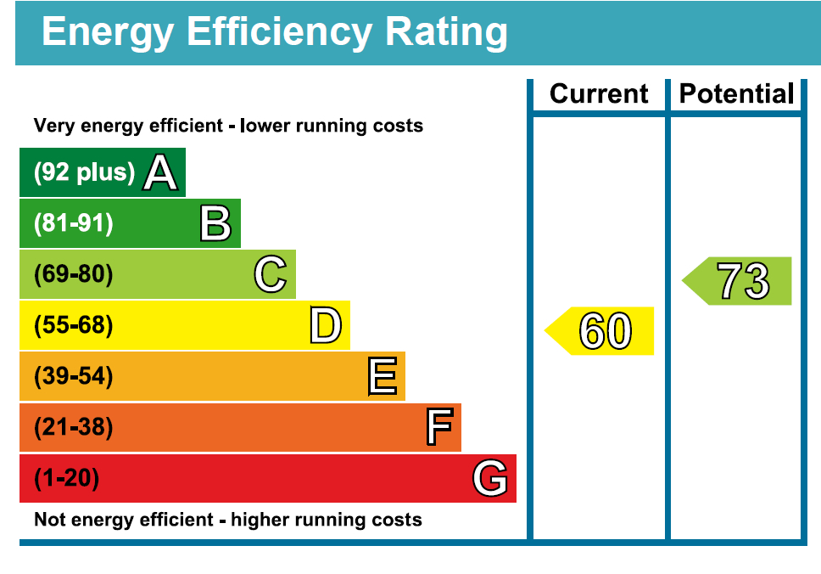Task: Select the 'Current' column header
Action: tap(599, 94)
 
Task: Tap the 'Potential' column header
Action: tap(736, 94)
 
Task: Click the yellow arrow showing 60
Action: tap(599, 331)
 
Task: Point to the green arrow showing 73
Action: tap(737, 281)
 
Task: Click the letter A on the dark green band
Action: tap(159, 172)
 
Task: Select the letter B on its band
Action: tap(215, 223)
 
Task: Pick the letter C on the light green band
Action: tap(271, 274)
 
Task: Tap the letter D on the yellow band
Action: tap(326, 325)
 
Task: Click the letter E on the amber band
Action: tap(383, 376)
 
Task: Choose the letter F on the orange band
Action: tap(439, 427)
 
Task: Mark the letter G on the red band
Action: tap(490, 477)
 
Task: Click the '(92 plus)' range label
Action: tap(84, 172)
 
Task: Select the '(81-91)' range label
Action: tap(73, 222)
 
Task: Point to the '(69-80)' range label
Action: tap(73, 273)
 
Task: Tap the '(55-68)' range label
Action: tap(73, 324)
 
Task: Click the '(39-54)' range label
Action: tap(73, 376)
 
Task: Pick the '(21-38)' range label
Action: tap(73, 427)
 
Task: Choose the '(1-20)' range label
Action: tap(66, 477)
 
